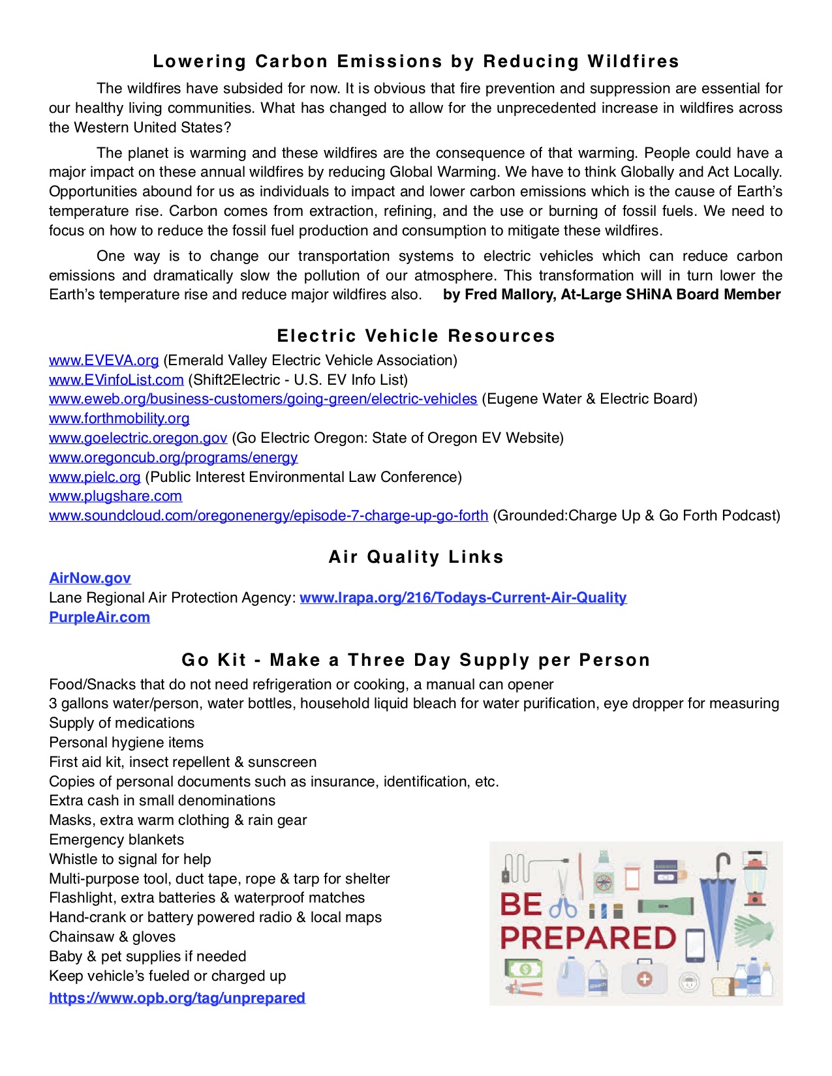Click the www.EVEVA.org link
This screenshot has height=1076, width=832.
(104, 361)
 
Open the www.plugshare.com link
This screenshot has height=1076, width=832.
(116, 496)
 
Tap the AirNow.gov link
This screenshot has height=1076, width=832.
(90, 578)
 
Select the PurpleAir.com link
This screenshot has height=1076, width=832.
(99, 618)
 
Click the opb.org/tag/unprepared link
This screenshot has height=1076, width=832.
(177, 998)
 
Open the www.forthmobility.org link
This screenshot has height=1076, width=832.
(119, 419)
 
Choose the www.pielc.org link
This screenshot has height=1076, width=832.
(95, 477)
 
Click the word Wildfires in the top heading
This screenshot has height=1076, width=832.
(633, 62)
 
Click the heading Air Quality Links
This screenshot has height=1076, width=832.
(416, 557)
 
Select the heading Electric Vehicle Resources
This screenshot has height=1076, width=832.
(416, 336)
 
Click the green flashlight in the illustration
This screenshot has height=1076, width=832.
(664, 906)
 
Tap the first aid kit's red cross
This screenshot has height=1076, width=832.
(645, 979)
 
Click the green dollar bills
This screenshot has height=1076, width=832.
(525, 968)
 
